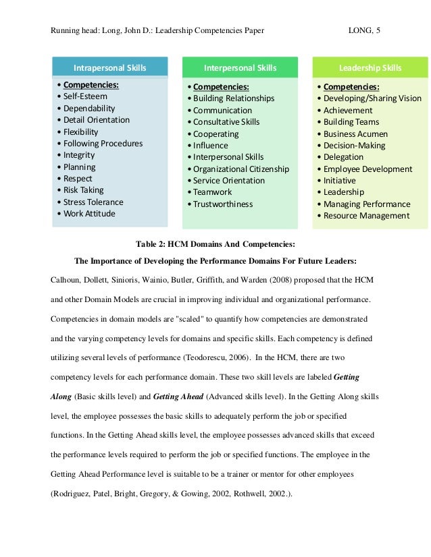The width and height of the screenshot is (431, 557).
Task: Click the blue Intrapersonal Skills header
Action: click(109, 67)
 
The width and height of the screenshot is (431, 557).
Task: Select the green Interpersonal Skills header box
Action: click(240, 67)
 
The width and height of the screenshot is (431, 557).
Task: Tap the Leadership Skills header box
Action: click(370, 67)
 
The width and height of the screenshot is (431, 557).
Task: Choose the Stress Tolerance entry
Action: click(93, 202)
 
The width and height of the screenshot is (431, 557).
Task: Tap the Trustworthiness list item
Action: click(222, 204)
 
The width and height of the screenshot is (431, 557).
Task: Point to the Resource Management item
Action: click(366, 216)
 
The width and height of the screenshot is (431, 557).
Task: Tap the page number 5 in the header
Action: click(378, 30)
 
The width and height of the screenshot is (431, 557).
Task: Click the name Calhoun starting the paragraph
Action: click(66, 279)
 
